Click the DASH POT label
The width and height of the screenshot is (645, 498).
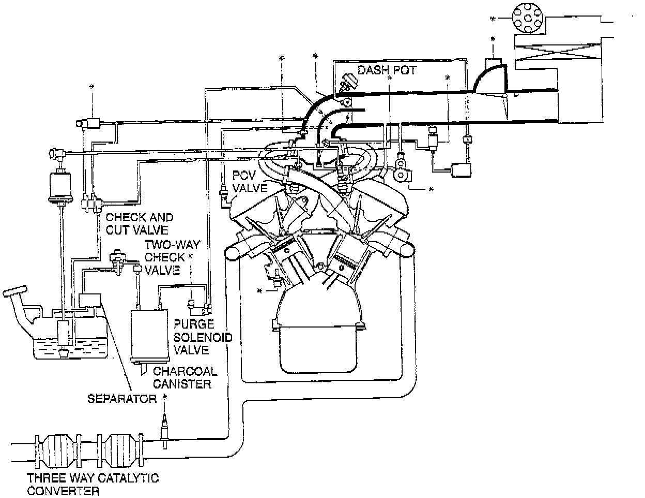tap(387, 70)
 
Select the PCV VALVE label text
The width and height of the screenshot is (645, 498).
tap(250, 181)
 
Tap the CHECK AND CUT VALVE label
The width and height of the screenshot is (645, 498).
tap(140, 224)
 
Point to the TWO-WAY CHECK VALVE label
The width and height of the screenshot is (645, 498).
tap(164, 257)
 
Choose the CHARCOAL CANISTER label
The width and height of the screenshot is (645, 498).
tap(185, 378)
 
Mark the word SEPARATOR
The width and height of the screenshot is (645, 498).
tap(121, 398)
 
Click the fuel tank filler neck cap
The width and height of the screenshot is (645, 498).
tap(15, 291)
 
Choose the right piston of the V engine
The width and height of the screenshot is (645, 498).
tap(347, 250)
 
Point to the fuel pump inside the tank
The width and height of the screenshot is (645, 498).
tap(64, 334)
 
